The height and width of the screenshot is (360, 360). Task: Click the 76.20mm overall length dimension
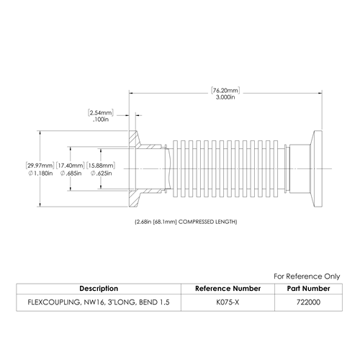pyautogui.click(x=225, y=91)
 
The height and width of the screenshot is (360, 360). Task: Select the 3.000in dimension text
pyautogui.click(x=225, y=97)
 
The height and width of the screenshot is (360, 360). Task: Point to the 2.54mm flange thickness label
pyautogui.click(x=101, y=112)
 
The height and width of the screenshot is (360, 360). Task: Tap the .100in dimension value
pyautogui.click(x=101, y=120)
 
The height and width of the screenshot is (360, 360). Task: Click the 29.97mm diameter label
pyautogui.click(x=40, y=166)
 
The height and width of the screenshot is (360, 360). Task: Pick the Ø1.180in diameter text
pyautogui.click(x=40, y=173)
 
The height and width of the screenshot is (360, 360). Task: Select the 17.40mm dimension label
pyautogui.click(x=71, y=166)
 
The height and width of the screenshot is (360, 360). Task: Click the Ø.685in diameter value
pyautogui.click(x=71, y=173)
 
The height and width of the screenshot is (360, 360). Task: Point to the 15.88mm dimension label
pyautogui.click(x=101, y=166)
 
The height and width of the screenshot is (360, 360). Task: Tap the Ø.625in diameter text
pyautogui.click(x=101, y=173)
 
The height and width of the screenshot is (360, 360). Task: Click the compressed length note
pyautogui.click(x=186, y=222)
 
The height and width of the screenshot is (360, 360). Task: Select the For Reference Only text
pyautogui.click(x=307, y=276)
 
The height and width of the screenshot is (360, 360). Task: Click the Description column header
pyautogui.click(x=99, y=289)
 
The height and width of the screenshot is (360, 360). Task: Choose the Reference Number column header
pyautogui.click(x=228, y=289)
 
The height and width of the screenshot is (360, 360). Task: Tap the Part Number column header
pyautogui.click(x=308, y=289)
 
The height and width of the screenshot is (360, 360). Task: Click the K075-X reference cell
pyautogui.click(x=228, y=302)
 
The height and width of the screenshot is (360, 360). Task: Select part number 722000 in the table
pyautogui.click(x=308, y=302)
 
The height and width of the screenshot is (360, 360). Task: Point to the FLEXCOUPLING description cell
pyautogui.click(x=99, y=302)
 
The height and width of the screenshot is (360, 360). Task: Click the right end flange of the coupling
pyautogui.click(x=316, y=168)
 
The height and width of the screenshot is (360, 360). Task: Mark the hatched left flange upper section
pyautogui.click(x=133, y=139)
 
